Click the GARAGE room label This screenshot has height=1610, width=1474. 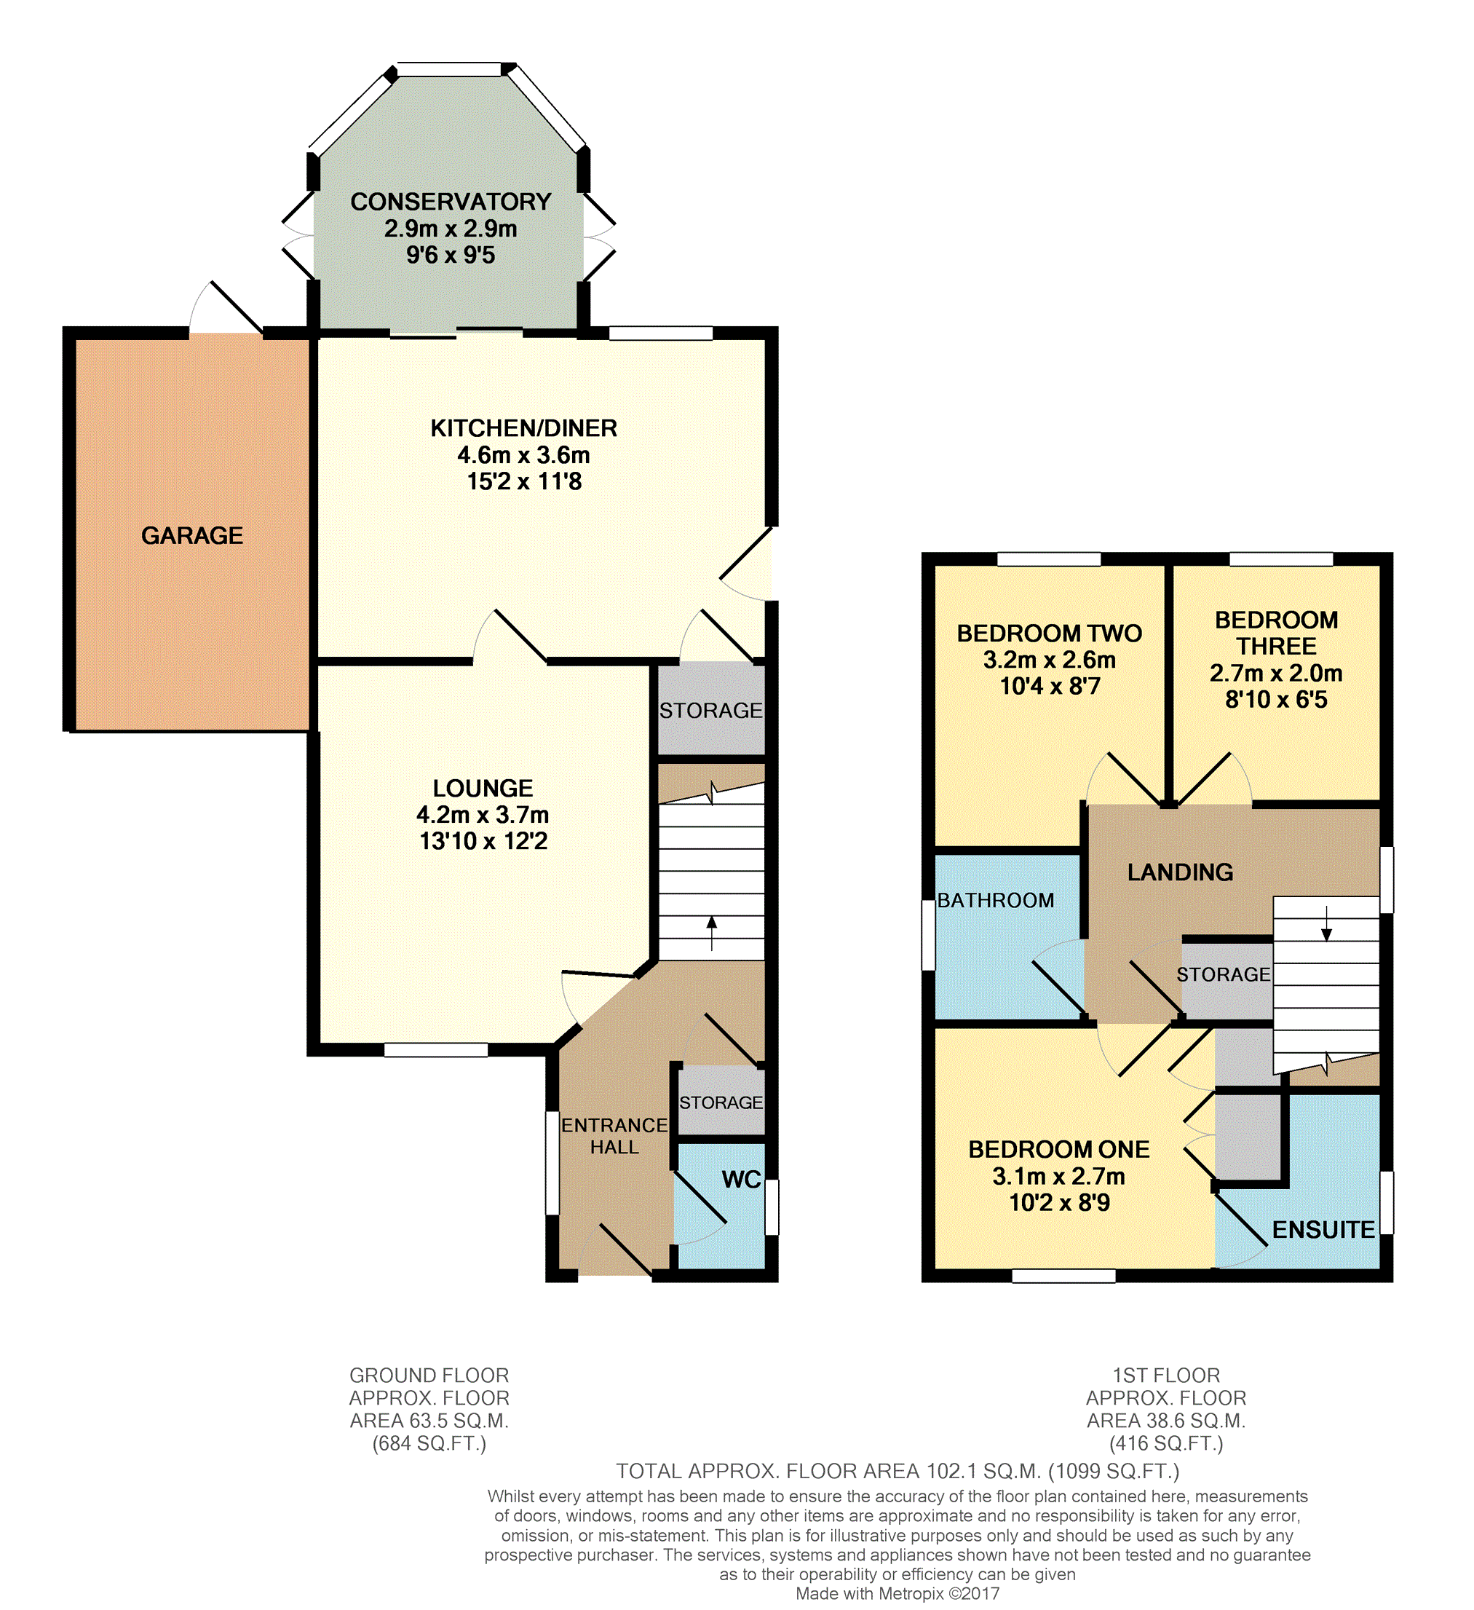tap(192, 536)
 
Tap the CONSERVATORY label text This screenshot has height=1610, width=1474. tap(451, 202)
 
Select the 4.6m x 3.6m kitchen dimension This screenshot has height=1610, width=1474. tap(524, 455)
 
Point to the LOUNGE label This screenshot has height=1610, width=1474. tap(483, 788)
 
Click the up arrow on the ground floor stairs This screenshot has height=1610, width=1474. tap(712, 934)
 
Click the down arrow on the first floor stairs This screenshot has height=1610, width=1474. tap(1327, 923)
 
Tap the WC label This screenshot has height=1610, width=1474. tap(741, 1180)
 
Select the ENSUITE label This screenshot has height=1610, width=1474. tap(1324, 1230)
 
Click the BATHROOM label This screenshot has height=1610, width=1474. tap(996, 901)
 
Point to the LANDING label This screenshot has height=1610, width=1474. tap(1180, 872)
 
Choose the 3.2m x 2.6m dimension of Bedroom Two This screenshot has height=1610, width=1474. tap(1049, 660)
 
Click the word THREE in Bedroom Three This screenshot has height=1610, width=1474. tap(1277, 646)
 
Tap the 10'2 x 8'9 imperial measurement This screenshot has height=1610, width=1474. tap(1060, 1203)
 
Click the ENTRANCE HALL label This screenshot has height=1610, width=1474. tap(614, 1137)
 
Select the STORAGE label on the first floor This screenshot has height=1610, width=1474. tap(1224, 974)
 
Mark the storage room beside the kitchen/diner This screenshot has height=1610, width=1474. tap(711, 709)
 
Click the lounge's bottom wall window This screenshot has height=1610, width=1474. tap(436, 1050)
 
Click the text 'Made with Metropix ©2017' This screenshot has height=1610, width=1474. tap(898, 1594)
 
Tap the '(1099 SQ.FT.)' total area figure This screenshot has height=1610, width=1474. tap(1114, 1471)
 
